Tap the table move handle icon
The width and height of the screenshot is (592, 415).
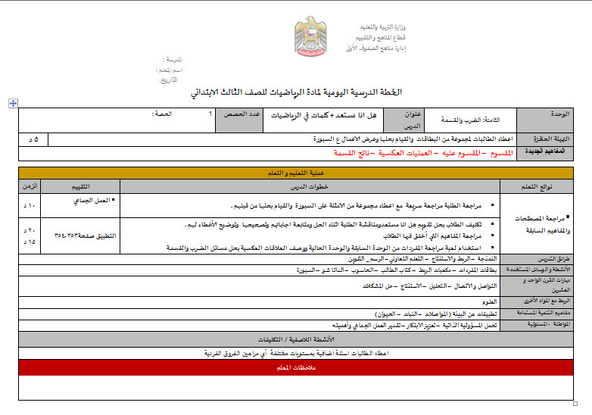(13, 102)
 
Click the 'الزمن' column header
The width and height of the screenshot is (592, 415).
(30, 186)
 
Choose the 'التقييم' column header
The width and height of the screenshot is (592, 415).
(79, 186)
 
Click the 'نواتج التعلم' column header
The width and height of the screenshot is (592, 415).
(540, 186)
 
